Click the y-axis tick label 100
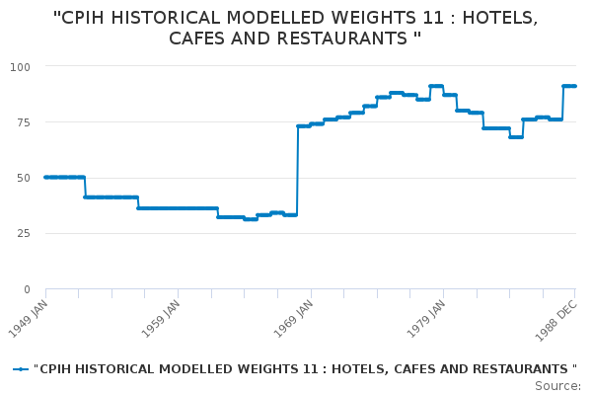[22, 66]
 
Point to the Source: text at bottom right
[557, 385]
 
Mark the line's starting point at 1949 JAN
[45, 178]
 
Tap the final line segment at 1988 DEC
[569, 86]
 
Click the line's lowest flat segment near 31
[251, 219]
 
